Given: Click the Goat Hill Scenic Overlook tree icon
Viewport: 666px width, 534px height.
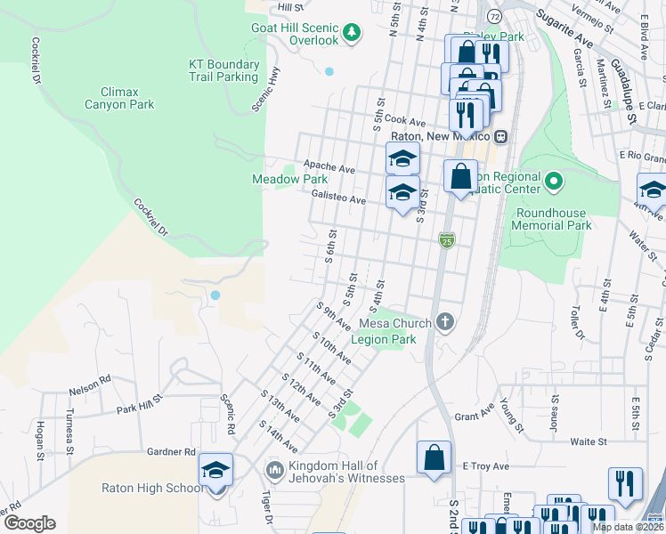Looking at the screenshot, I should [353, 32].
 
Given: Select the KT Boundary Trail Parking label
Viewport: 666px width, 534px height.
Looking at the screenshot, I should [223, 70].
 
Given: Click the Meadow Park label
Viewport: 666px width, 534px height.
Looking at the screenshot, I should [289, 179].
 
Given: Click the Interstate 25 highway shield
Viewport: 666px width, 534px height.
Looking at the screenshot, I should [447, 240].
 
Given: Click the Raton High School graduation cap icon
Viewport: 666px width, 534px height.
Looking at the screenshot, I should [215, 469].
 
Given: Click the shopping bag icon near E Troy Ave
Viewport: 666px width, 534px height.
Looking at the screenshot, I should [434, 457].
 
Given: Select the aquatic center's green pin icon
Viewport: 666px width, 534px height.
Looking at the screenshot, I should [553, 182].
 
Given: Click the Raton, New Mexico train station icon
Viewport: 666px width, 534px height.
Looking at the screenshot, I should [501, 136].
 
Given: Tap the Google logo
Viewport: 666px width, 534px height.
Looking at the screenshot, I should [29, 522].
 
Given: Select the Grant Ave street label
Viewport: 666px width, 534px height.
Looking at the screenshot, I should [474, 415].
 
